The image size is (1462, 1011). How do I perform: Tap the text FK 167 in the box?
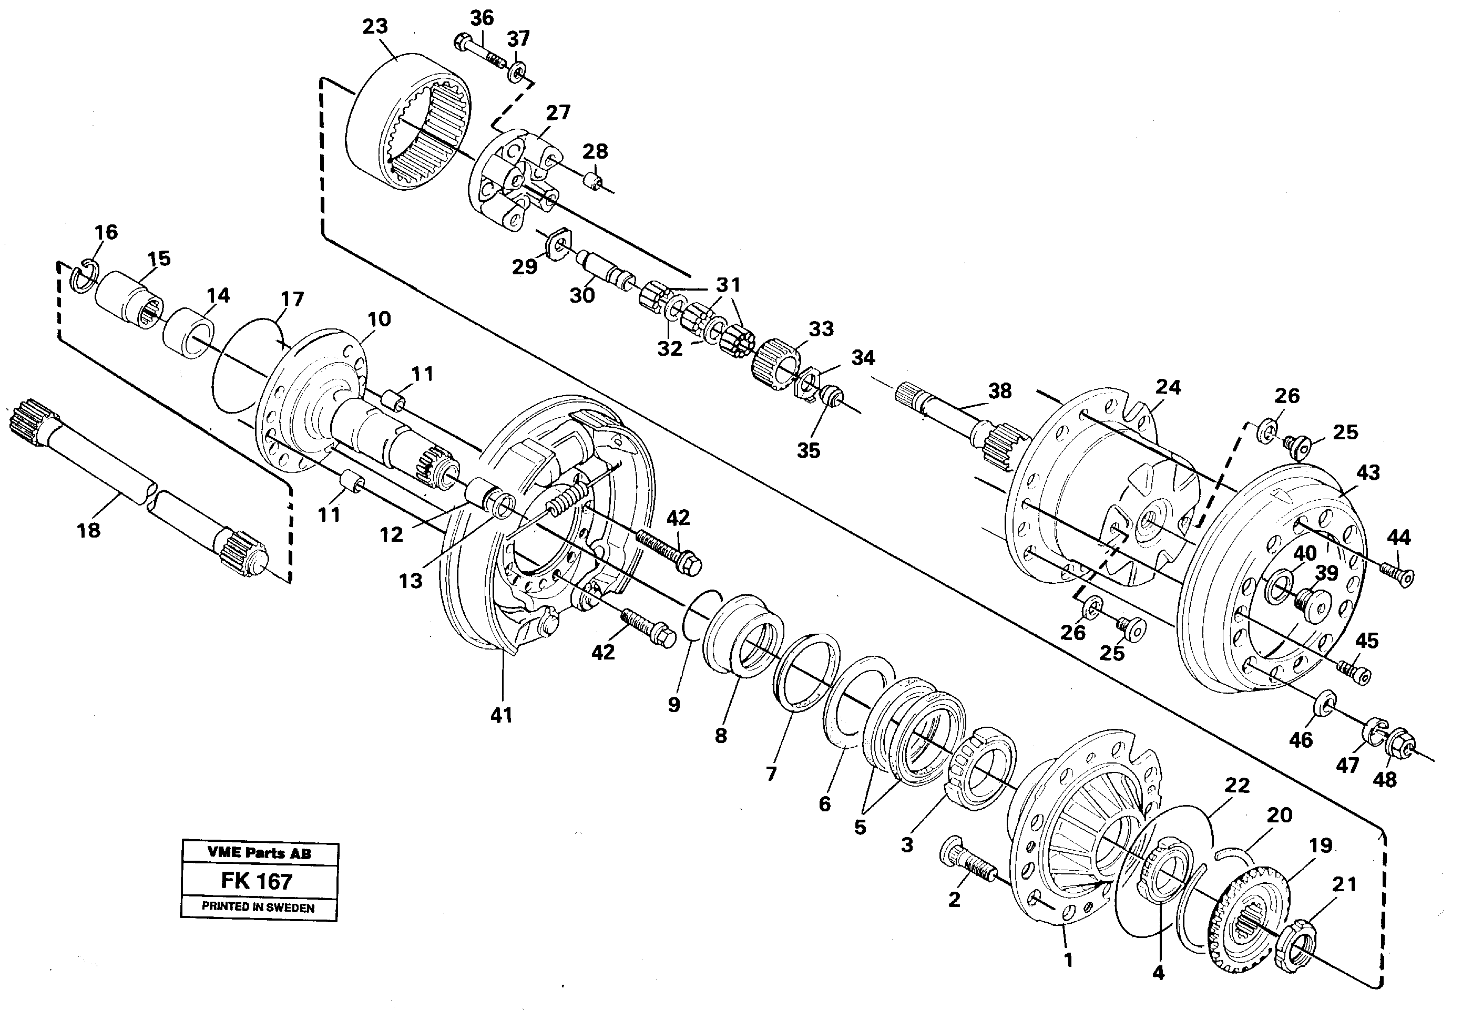(x=256, y=881)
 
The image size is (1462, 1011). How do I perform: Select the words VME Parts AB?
(x=259, y=853)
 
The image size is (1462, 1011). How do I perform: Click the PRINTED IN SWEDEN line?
(x=258, y=906)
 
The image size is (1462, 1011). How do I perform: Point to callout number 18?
(x=88, y=530)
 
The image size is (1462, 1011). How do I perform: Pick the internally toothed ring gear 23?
(x=409, y=120)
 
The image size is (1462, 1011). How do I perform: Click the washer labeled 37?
(x=516, y=71)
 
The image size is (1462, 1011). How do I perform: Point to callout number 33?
(x=821, y=329)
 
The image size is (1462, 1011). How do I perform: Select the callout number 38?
(x=999, y=391)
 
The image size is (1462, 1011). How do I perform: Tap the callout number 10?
(x=379, y=318)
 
